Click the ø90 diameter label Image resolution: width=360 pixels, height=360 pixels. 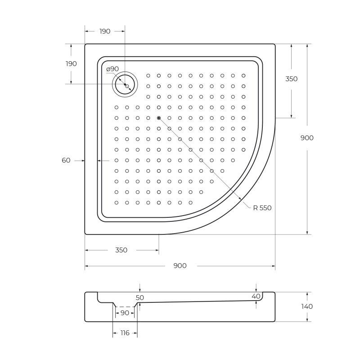point(112,69)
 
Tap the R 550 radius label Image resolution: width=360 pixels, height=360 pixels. point(262,208)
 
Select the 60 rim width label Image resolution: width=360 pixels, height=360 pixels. point(66,160)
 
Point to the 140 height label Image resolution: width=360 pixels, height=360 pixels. point(307,306)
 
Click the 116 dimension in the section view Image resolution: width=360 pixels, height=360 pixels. point(125,333)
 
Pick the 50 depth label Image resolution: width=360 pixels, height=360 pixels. point(139,298)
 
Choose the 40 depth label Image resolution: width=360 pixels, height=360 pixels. point(256,297)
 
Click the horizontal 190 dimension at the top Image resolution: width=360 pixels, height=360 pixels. point(105,31)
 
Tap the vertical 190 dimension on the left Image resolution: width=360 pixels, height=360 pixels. point(71,64)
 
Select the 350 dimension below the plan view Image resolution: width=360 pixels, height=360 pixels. point(121,250)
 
